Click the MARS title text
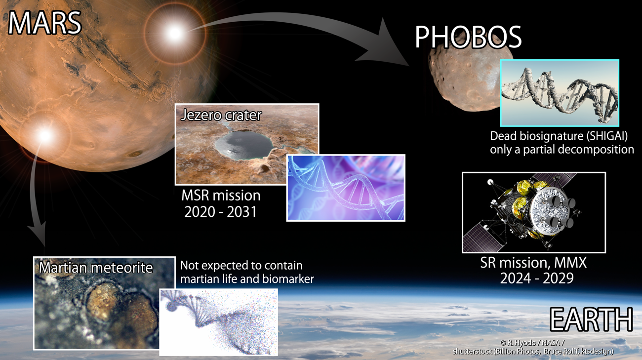45,23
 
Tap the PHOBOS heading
468,37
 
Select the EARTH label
591,320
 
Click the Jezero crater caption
221,115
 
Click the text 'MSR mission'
221,196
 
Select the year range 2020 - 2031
220,212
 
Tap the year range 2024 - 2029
537,278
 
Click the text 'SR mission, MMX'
533,263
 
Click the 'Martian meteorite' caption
96,268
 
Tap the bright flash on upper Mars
174,33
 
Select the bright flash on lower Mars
45,135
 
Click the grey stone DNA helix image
560,93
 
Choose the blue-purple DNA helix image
346,188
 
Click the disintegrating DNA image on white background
218,322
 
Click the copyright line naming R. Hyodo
532,343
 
